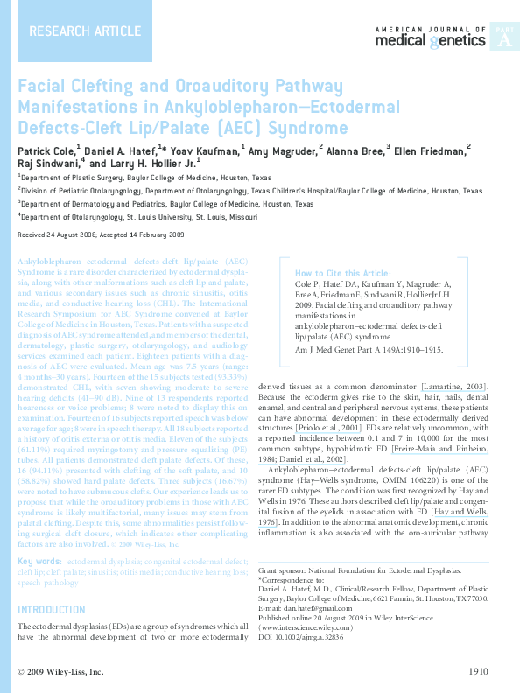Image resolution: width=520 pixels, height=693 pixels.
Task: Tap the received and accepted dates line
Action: click(101, 236)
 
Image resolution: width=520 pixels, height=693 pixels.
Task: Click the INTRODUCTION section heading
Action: click(52, 610)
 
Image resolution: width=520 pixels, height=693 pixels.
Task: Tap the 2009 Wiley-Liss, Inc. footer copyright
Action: click(60, 672)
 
